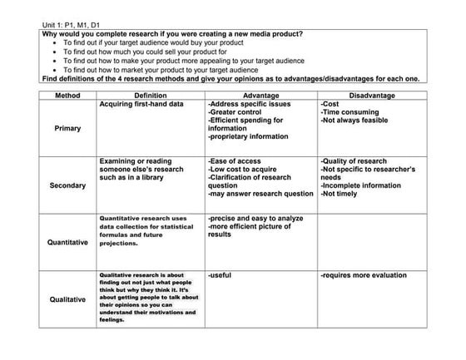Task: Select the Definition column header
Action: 150,96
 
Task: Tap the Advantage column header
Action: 260,96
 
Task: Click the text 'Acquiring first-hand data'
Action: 141,105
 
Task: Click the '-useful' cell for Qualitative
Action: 220,274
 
